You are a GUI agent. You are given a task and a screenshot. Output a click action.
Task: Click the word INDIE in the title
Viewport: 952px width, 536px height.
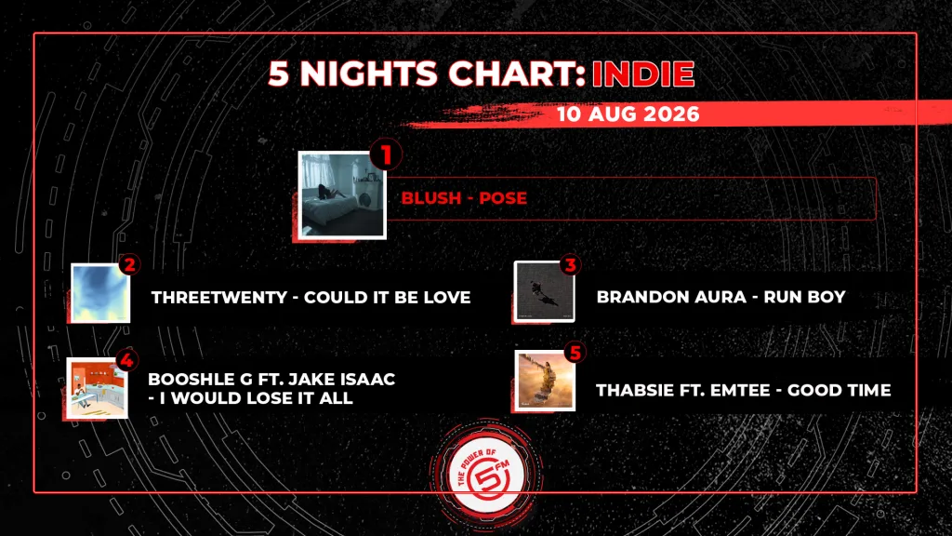(x=643, y=74)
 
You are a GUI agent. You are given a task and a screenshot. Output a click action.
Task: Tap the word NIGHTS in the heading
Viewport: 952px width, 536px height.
(x=369, y=74)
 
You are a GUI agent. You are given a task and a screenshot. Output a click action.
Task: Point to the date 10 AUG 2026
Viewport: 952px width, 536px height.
(x=628, y=114)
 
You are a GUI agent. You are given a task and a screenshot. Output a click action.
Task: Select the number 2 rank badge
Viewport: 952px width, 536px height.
(x=129, y=264)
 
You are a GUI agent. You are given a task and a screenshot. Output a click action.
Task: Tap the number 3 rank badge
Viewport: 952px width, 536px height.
(x=570, y=264)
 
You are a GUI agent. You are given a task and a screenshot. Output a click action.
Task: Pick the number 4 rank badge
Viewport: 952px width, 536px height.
(x=126, y=360)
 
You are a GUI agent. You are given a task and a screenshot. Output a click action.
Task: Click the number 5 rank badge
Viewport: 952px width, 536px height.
(x=575, y=353)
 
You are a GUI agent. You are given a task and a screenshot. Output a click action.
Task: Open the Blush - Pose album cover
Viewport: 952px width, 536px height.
(x=342, y=195)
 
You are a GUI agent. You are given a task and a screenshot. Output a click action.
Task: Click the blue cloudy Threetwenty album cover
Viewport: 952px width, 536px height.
(x=100, y=293)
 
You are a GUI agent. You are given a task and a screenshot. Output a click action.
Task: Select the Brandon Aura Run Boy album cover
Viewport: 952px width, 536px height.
(x=544, y=291)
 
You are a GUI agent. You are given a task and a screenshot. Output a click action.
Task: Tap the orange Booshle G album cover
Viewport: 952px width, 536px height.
(x=97, y=388)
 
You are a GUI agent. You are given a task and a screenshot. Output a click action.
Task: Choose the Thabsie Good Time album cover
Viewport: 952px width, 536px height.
(x=545, y=381)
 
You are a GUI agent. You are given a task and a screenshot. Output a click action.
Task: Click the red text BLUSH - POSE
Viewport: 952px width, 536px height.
(x=464, y=198)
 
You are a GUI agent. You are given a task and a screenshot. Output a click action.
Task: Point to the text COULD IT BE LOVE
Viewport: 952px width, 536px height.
(x=388, y=297)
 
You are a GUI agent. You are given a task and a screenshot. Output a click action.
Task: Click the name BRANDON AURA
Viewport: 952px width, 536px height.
(x=671, y=297)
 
